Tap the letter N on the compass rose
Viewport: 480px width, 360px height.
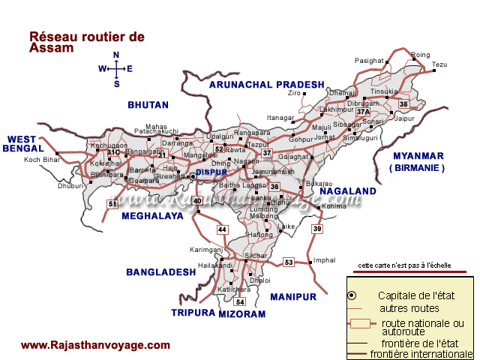click(x=116, y=55)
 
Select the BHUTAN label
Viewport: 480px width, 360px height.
click(x=148, y=104)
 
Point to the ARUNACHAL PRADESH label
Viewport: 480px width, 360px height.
click(x=267, y=85)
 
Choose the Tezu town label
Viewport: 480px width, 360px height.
click(x=439, y=64)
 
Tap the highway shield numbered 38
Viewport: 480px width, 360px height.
click(x=403, y=103)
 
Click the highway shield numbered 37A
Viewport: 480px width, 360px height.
click(x=364, y=111)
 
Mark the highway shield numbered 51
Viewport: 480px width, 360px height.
click(x=112, y=204)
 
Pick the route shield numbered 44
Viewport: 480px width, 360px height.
click(x=222, y=229)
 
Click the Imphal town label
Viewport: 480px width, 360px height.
click(x=324, y=260)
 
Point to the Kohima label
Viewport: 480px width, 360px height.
click(x=334, y=184)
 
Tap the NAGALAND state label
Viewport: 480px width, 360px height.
click(x=348, y=192)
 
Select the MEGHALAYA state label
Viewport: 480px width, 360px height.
click(x=152, y=216)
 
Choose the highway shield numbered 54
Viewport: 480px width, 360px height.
click(x=240, y=301)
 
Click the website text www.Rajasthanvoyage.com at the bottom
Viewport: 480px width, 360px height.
click(x=95, y=345)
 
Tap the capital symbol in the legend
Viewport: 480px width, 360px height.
click(x=351, y=296)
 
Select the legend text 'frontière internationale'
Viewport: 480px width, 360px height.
click(x=421, y=353)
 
